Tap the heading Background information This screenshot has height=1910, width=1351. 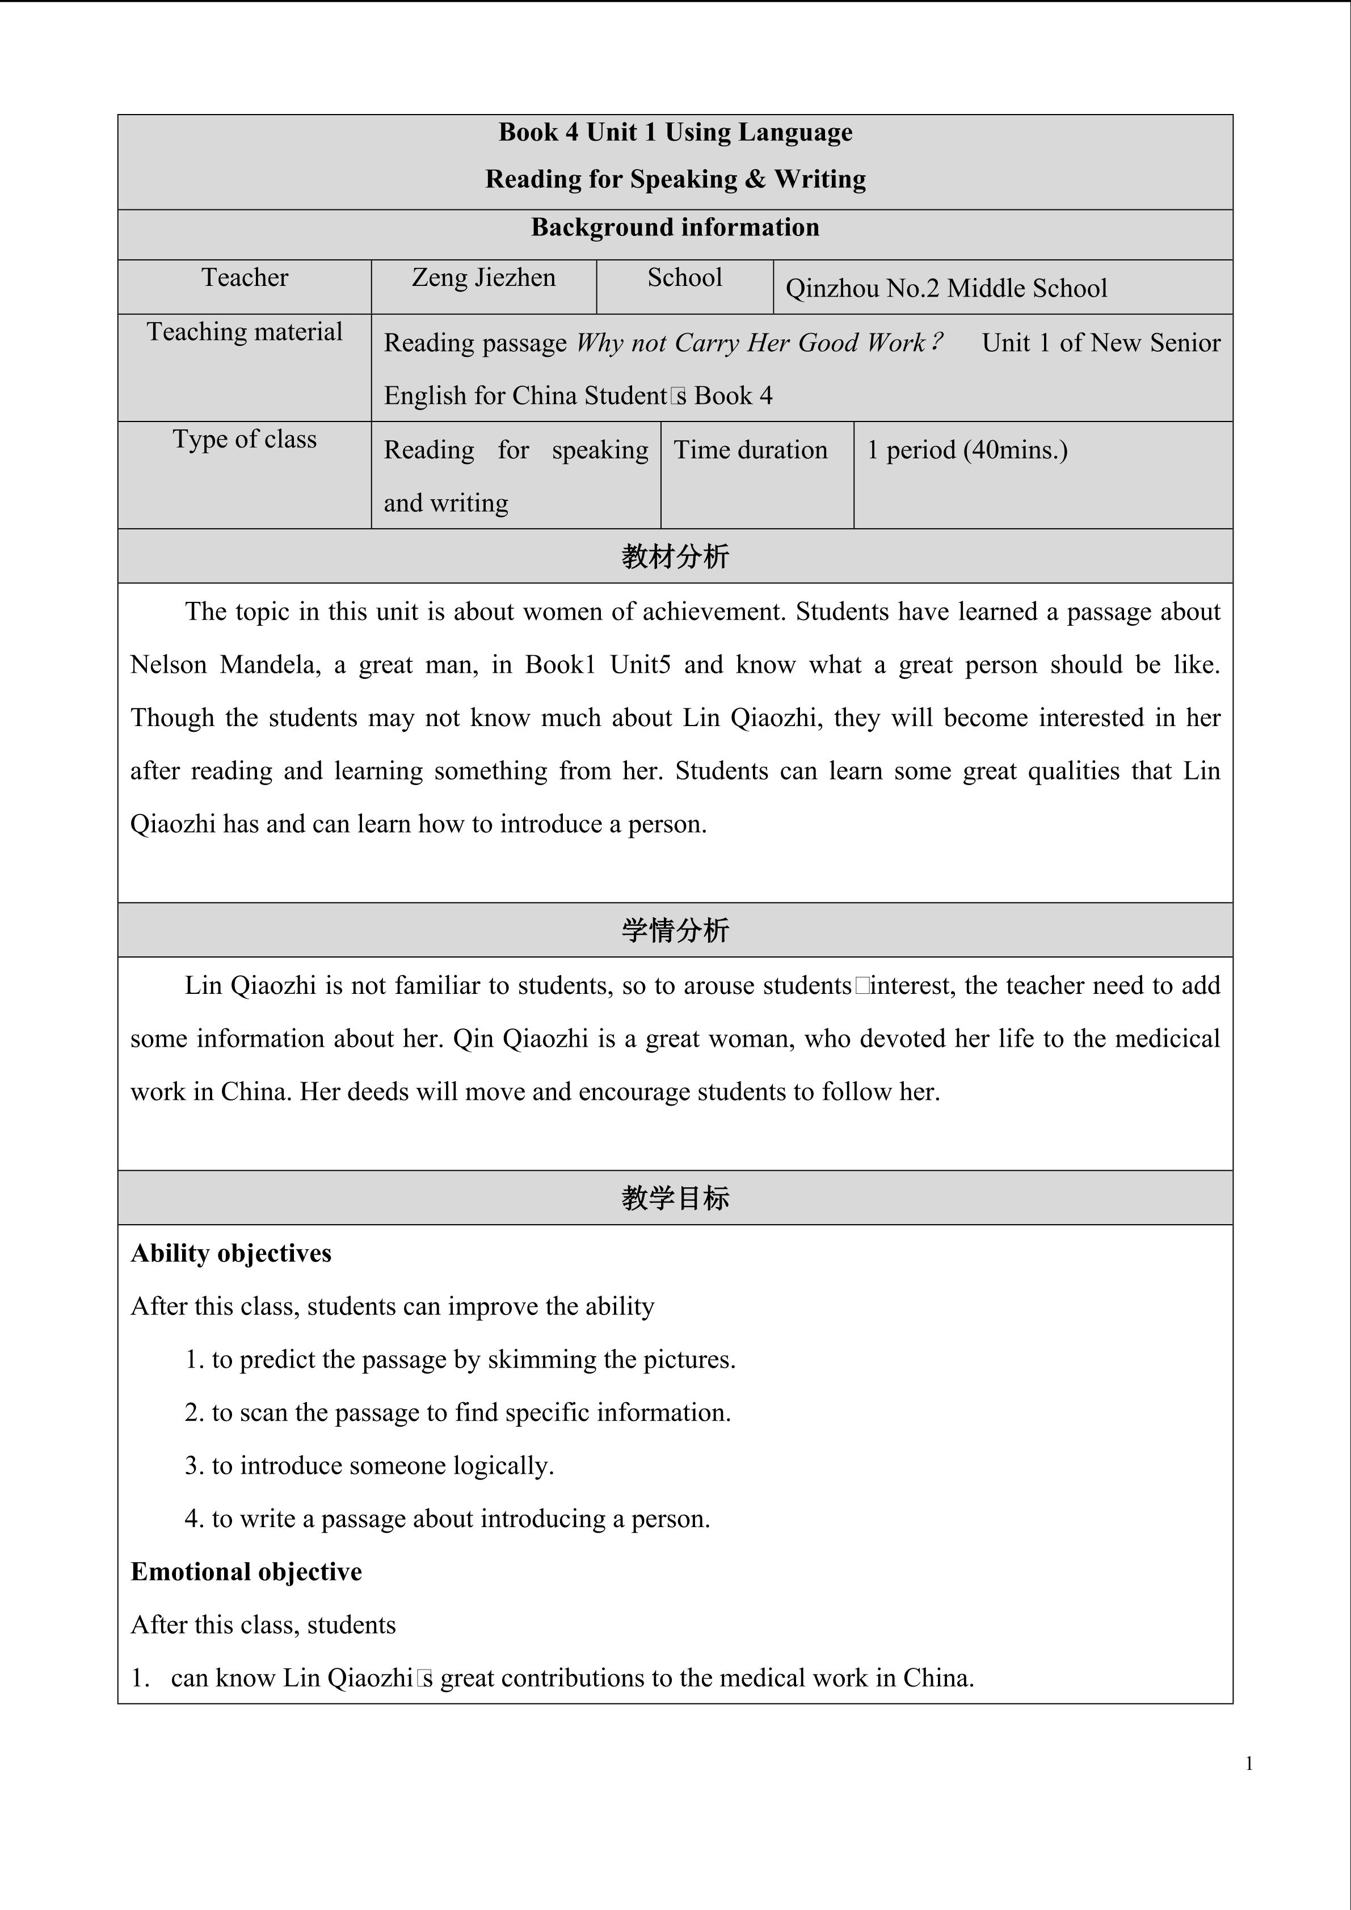pyautogui.click(x=675, y=228)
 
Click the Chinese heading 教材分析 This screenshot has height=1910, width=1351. pyautogui.click(x=675, y=556)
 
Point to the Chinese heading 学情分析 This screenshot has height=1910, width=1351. pyautogui.click(x=675, y=930)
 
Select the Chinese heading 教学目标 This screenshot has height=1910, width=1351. pyautogui.click(x=675, y=1198)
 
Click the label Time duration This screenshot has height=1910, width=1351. pyautogui.click(x=750, y=450)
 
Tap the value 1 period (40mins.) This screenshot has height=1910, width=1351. pyautogui.click(x=967, y=450)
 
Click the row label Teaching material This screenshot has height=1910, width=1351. pyautogui.click(x=245, y=332)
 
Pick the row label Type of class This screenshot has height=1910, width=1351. pyautogui.click(x=245, y=439)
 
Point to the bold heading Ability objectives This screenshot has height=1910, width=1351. pyautogui.click(x=232, y=1254)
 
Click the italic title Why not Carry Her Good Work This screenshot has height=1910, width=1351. pyautogui.click(x=759, y=343)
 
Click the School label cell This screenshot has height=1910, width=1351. pyautogui.click(x=685, y=278)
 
